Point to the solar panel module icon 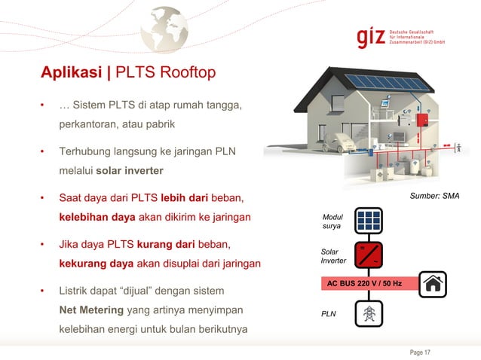[x=369, y=220]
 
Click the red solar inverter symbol [x=369, y=254]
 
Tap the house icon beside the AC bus [x=433, y=284]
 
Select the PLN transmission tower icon [x=369, y=314]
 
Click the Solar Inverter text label [x=333, y=255]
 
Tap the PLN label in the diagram [x=329, y=313]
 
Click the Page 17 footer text [x=420, y=352]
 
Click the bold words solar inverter [x=130, y=170]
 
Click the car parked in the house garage [x=344, y=141]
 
